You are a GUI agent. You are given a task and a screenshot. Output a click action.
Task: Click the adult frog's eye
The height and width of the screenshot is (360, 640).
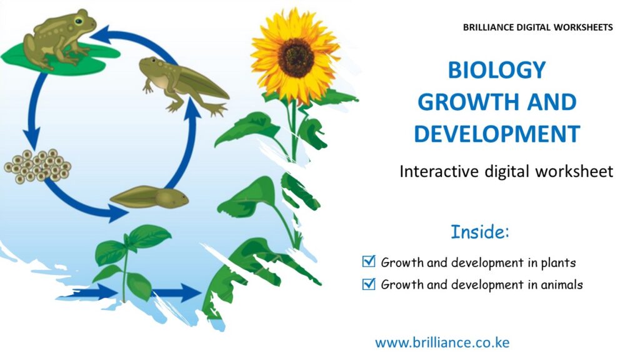point(78,21)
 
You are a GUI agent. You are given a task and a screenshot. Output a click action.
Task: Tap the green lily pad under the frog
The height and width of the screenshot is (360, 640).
point(61,59)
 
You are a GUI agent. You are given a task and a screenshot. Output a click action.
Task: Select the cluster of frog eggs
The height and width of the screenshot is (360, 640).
point(37,166)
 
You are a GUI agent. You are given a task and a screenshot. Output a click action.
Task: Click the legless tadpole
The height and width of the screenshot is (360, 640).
point(149,197)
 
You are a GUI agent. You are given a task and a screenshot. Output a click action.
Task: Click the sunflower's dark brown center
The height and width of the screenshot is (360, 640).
point(296,57)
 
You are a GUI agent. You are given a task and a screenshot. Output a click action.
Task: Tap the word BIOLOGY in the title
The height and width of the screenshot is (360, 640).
point(497,70)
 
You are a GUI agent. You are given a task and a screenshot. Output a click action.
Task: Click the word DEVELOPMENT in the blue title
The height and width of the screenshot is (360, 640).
point(497,134)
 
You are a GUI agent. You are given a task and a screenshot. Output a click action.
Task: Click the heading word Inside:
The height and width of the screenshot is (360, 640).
point(480,231)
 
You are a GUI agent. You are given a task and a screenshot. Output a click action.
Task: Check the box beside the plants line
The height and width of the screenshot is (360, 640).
point(369,261)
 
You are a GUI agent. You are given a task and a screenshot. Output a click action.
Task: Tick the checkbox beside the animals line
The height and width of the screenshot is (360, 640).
point(369,283)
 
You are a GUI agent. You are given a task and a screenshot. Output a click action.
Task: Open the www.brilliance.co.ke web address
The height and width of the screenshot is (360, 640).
point(442,342)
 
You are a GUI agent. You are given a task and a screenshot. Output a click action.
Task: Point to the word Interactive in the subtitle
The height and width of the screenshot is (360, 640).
point(439,171)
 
